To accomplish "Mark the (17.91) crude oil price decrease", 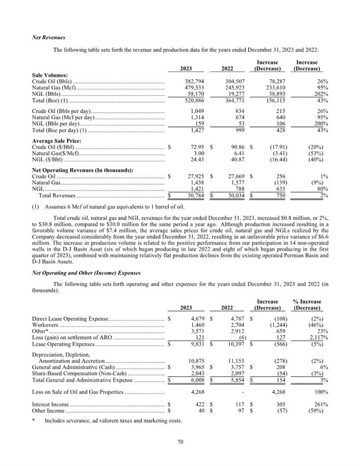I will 271,148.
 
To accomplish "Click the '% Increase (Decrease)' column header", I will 307,305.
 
